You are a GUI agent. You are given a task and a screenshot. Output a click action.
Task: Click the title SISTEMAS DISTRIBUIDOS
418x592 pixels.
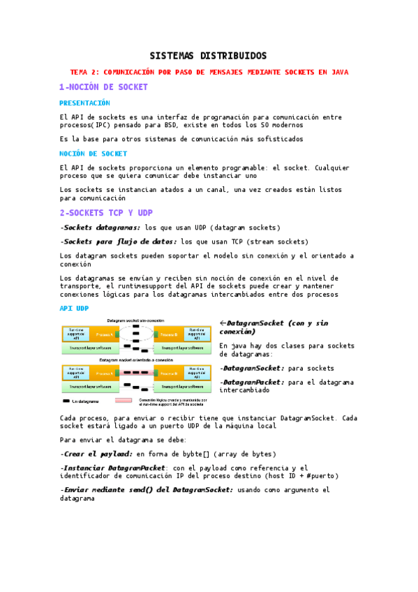209,56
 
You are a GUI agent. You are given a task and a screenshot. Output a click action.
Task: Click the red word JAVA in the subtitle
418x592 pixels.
339,72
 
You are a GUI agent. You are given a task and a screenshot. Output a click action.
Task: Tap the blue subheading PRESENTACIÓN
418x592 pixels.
84,103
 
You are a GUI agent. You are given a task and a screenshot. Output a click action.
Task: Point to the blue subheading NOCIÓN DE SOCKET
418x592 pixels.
93,153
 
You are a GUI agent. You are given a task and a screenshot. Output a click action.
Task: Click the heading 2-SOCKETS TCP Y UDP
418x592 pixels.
105,212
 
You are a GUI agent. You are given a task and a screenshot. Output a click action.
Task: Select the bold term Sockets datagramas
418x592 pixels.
101,228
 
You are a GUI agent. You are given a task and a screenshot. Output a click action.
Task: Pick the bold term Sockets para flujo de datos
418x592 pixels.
119,242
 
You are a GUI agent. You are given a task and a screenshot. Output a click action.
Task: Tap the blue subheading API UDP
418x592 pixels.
74,308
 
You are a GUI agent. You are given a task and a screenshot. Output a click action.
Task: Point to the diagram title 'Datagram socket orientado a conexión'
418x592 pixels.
136,360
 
